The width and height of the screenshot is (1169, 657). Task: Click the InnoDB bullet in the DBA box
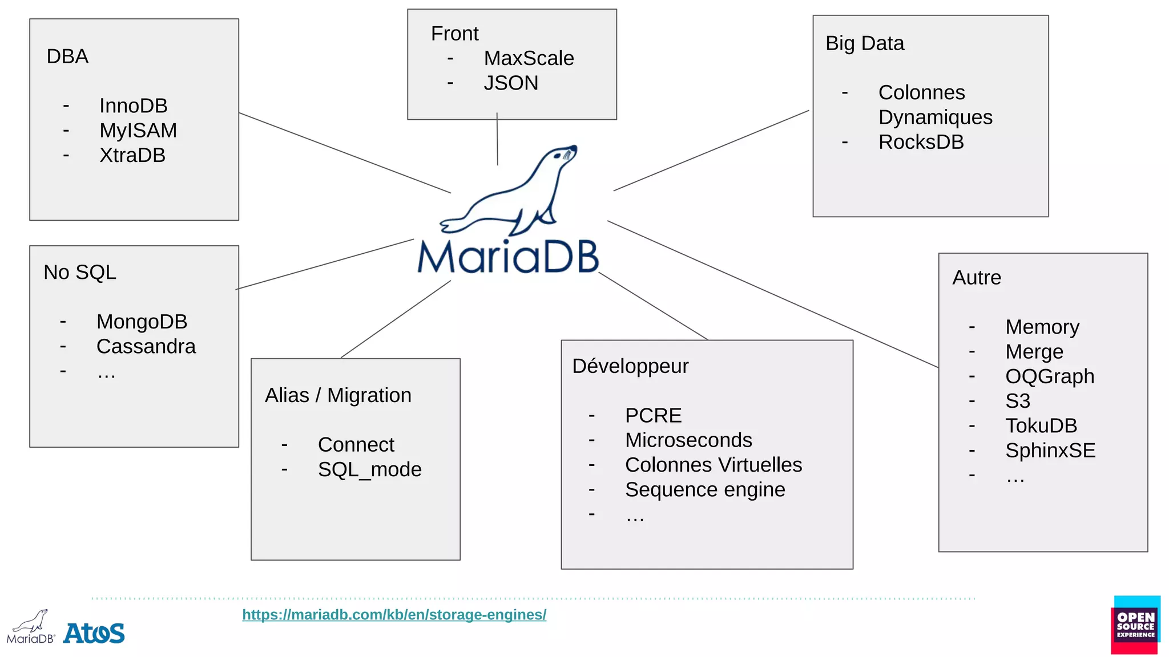coord(133,106)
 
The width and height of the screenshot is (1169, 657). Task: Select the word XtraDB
coord(132,155)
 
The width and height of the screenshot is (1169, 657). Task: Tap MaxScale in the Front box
coord(529,58)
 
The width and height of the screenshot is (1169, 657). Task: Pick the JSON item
coord(511,83)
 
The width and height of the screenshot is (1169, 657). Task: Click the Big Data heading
coord(865,43)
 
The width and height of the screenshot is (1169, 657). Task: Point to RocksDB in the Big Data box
coord(921,142)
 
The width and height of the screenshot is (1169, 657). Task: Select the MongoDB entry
coord(142,322)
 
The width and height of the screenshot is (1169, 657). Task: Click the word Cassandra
coord(146,346)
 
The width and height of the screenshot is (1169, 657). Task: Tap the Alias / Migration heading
coord(338,395)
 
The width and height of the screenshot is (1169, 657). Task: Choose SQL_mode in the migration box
coord(369,469)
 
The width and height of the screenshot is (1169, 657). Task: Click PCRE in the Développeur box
coord(653,416)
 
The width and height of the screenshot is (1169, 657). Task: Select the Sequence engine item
coord(705,490)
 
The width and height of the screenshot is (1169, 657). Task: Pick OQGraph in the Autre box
coord(1049,376)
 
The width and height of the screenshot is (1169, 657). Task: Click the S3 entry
coord(1017,401)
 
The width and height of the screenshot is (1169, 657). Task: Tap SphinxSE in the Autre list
coord(1050,451)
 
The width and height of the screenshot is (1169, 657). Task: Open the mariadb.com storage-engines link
coord(394,615)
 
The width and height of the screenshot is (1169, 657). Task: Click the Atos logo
coord(94,633)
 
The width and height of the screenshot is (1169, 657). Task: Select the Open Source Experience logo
coord(1135,625)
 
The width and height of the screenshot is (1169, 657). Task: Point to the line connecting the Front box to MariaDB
coord(497,140)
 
